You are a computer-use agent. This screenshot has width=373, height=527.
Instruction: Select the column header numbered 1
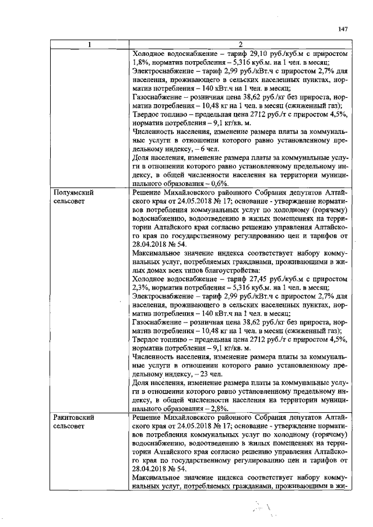click(89, 45)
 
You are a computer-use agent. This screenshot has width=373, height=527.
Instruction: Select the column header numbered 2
click(240, 45)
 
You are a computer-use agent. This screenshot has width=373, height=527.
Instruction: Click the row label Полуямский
click(74, 192)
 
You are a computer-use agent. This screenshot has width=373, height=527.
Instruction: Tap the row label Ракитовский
click(75, 418)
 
